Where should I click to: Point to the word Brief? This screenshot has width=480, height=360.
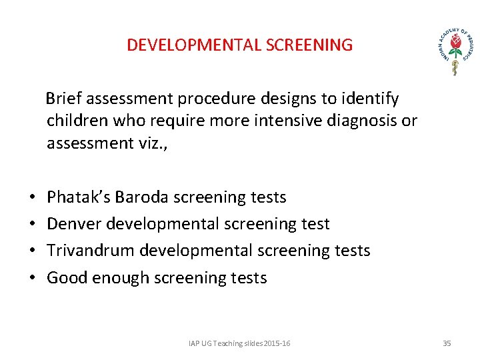tap(64, 99)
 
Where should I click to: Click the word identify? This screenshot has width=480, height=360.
tap(371, 99)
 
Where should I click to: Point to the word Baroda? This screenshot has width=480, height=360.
tap(142, 197)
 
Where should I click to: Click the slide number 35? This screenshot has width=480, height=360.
tap(447, 343)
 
